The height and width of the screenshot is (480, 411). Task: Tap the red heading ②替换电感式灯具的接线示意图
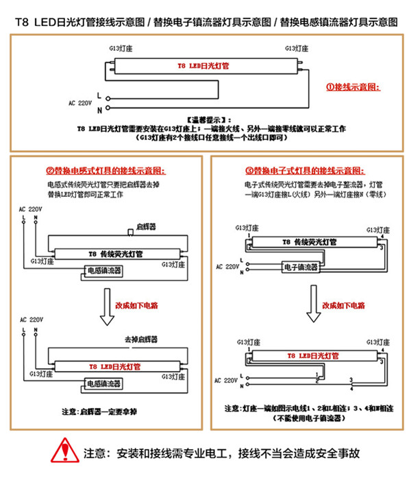tap(106, 171)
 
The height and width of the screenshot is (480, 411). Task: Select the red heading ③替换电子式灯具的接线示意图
tap(306, 171)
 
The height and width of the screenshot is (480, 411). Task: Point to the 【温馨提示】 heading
tap(205, 119)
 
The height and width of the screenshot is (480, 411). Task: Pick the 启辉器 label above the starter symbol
tap(147, 226)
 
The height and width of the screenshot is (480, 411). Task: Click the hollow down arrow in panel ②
tap(106, 306)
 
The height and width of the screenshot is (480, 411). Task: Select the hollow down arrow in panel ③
tap(313, 307)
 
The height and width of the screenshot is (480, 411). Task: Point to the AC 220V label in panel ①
tap(80, 102)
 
